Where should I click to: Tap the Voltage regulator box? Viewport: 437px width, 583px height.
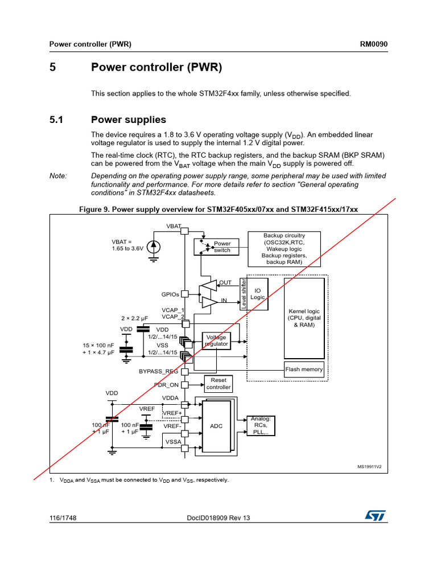(217, 340)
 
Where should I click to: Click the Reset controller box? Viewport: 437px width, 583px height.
(218, 383)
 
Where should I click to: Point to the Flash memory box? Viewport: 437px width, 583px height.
(304, 369)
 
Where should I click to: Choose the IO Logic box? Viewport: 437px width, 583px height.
(257, 294)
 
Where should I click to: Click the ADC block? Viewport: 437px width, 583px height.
(216, 426)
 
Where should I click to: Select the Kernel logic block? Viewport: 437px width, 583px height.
(304, 319)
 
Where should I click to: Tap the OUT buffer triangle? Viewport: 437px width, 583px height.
(209, 284)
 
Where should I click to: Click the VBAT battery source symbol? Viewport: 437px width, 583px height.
(154, 247)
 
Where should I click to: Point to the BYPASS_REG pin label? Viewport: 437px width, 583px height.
(159, 371)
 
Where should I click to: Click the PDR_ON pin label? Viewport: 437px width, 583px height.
(166, 385)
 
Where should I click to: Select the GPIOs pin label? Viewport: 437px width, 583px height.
(170, 294)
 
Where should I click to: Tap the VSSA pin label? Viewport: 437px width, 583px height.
(173, 441)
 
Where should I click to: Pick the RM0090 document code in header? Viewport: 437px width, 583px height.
(374, 45)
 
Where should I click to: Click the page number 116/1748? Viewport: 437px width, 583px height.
(63, 518)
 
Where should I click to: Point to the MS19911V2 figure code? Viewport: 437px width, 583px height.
(369, 467)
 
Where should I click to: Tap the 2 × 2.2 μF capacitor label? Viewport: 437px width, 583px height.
(134, 318)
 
